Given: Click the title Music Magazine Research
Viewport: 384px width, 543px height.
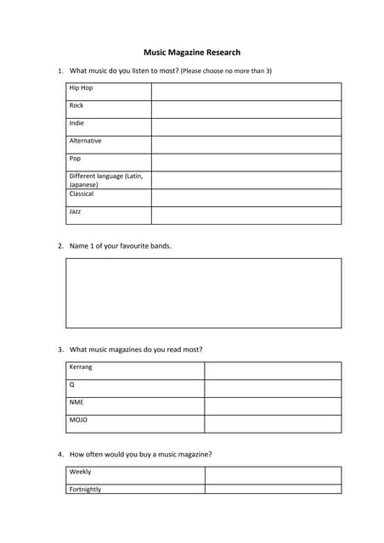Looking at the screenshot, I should coord(192,53).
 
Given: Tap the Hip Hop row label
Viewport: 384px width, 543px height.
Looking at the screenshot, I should coord(82,88).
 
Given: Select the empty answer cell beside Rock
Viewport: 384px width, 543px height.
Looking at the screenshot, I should coord(246,109).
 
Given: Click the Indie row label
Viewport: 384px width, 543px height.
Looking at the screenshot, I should coord(77,124).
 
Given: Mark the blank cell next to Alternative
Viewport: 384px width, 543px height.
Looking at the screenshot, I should coord(246,145).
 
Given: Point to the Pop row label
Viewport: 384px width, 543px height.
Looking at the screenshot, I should coord(76,159).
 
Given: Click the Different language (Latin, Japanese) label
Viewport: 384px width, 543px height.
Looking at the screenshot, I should coord(105,180).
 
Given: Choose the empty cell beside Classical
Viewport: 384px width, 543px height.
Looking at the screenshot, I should coord(246,198).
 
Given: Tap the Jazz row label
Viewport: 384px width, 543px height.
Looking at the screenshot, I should coord(76,211).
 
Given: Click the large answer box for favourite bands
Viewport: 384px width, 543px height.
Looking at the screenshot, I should coord(204,293).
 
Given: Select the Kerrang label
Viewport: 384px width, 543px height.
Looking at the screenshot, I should coord(82,367).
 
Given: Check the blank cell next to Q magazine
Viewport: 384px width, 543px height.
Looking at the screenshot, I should coord(273,389).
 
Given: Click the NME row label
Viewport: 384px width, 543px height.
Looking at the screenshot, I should coord(77,403).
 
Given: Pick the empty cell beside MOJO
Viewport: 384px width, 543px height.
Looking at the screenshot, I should coord(273,423).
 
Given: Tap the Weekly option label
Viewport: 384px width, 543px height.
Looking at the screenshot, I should coord(81,472).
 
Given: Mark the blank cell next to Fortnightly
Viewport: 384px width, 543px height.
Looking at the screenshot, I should coord(273,489).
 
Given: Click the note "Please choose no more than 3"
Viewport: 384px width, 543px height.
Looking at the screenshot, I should coord(226,71).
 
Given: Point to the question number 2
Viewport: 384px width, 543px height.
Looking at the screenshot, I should coord(60,246).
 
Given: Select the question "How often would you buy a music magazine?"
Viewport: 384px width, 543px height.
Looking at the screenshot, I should coord(140,454).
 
